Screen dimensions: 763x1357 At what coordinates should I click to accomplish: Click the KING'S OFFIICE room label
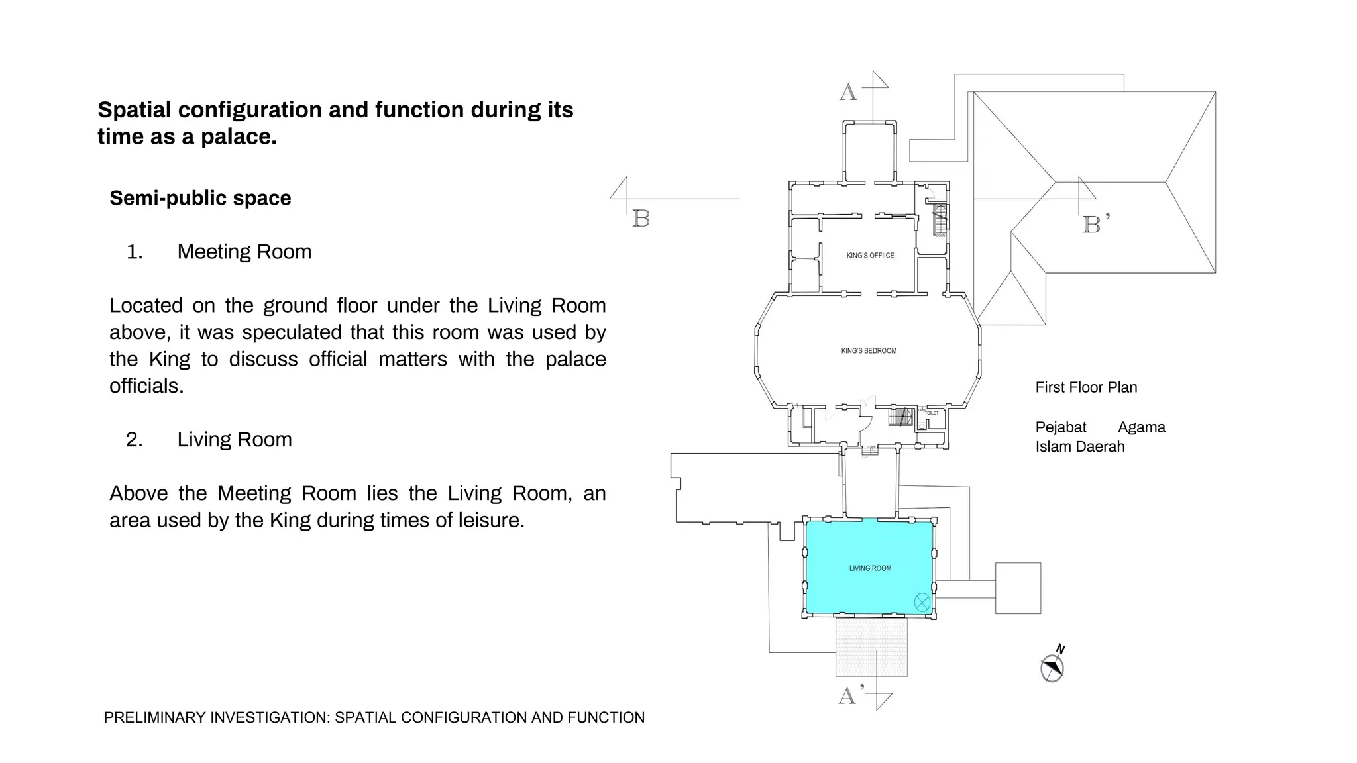pos(870,256)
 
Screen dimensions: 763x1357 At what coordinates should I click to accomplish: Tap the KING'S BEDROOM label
pos(869,351)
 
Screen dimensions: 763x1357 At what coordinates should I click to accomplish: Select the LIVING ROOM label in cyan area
pos(870,568)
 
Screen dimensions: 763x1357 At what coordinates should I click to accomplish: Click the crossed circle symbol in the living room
pos(922,602)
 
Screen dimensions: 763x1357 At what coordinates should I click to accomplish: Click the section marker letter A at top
pos(848,92)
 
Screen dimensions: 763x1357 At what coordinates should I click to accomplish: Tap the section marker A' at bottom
pos(849,695)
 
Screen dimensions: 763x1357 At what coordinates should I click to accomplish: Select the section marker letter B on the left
pos(641,219)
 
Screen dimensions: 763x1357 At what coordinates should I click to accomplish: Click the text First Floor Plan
pos(1086,387)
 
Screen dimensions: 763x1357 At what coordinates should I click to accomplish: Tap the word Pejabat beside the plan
pos(1061,427)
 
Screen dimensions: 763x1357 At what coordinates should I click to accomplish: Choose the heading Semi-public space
pos(200,198)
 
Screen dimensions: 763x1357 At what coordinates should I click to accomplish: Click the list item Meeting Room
pos(244,252)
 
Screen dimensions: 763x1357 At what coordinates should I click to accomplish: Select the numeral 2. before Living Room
pos(134,440)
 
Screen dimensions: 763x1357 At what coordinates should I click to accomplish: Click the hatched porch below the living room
pos(871,646)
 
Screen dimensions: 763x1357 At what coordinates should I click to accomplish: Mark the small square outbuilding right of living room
pos(1018,588)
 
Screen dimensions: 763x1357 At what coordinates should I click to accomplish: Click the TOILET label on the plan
pos(932,413)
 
